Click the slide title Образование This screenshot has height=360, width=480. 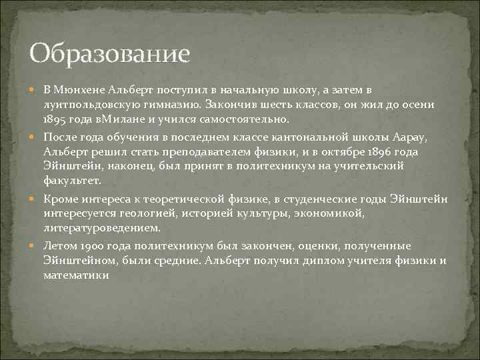[x=110, y=53]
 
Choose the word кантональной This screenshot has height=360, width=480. [x=323, y=137]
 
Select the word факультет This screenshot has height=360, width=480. [x=71, y=181]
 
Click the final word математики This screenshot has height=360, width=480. [x=76, y=275]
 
